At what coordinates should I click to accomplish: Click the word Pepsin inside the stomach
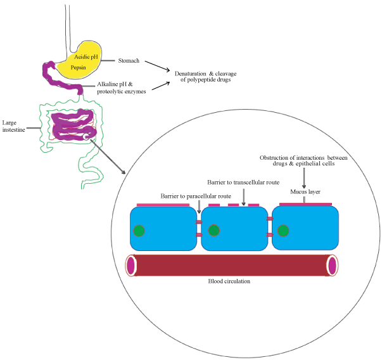click(x=78, y=68)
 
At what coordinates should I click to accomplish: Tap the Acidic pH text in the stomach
click(x=86, y=57)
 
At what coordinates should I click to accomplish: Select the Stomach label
click(x=129, y=61)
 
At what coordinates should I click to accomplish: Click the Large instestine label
click(x=14, y=126)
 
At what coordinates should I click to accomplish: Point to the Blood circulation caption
click(x=229, y=281)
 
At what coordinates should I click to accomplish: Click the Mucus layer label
click(x=305, y=192)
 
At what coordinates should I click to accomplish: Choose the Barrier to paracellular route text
click(x=196, y=196)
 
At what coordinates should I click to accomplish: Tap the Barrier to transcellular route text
click(x=243, y=183)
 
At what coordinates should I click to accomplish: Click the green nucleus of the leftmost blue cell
click(x=139, y=231)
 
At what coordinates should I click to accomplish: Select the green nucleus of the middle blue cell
click(x=214, y=230)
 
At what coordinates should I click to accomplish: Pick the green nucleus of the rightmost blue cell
click(x=283, y=231)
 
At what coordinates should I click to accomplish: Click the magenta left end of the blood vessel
click(x=131, y=266)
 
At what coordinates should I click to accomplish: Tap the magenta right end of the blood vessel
click(x=333, y=266)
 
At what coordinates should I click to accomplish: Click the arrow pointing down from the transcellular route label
click(x=244, y=197)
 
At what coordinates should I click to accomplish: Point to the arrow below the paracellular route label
click(x=199, y=207)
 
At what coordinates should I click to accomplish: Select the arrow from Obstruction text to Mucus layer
click(x=304, y=178)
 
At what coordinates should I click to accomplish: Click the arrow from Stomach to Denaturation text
click(x=157, y=67)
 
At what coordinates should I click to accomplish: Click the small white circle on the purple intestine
click(x=86, y=137)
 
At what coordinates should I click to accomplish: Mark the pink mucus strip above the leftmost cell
click(x=163, y=205)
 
